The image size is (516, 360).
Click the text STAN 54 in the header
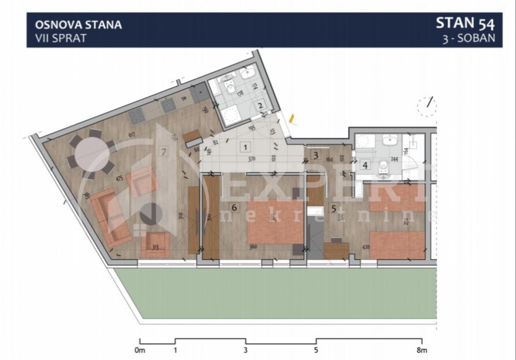(x=465, y=24)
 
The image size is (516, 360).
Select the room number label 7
(x=164, y=152)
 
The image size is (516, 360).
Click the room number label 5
(x=333, y=209)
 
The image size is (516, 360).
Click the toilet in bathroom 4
(x=383, y=166)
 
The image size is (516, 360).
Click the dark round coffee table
(x=150, y=212)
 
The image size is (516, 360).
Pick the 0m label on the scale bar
(x=140, y=351)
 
